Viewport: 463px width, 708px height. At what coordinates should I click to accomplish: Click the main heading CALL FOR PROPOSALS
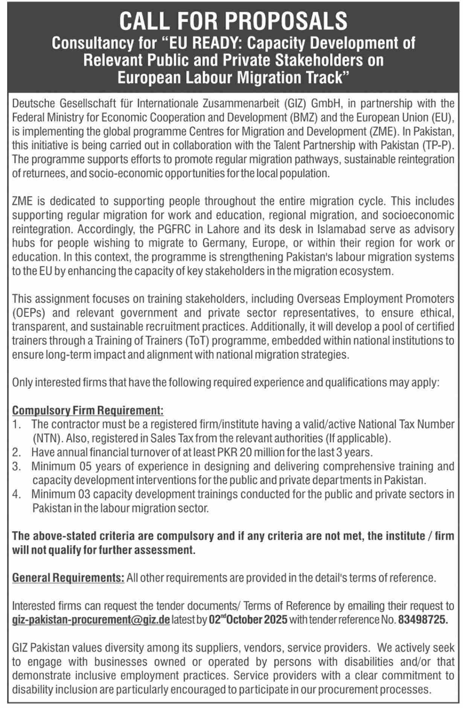(233, 21)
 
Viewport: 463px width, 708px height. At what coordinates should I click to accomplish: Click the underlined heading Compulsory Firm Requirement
(88, 410)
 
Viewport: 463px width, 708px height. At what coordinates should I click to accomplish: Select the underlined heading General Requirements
(68, 578)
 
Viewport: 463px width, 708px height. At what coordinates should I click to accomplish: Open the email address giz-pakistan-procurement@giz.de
(91, 619)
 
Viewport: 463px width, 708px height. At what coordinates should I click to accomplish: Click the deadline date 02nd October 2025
(248, 619)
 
